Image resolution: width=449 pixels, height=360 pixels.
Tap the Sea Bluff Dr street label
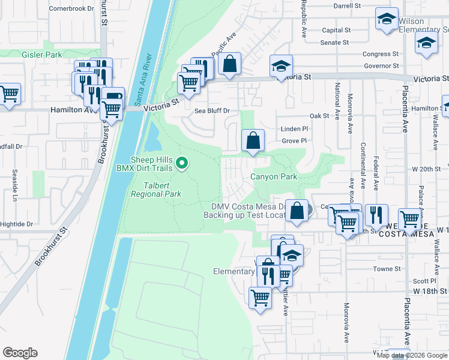pyautogui.click(x=212, y=111)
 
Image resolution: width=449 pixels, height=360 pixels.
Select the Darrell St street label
pyautogui.click(x=346, y=5)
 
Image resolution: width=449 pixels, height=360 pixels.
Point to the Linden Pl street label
pyautogui.click(x=294, y=129)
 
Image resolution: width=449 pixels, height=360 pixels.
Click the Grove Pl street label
pyautogui.click(x=295, y=141)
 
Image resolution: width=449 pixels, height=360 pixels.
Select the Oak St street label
pyautogui.click(x=319, y=115)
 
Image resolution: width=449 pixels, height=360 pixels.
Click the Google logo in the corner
pyautogui.click(x=20, y=353)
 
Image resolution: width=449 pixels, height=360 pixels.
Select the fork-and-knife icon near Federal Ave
pyautogui.click(x=376, y=214)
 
